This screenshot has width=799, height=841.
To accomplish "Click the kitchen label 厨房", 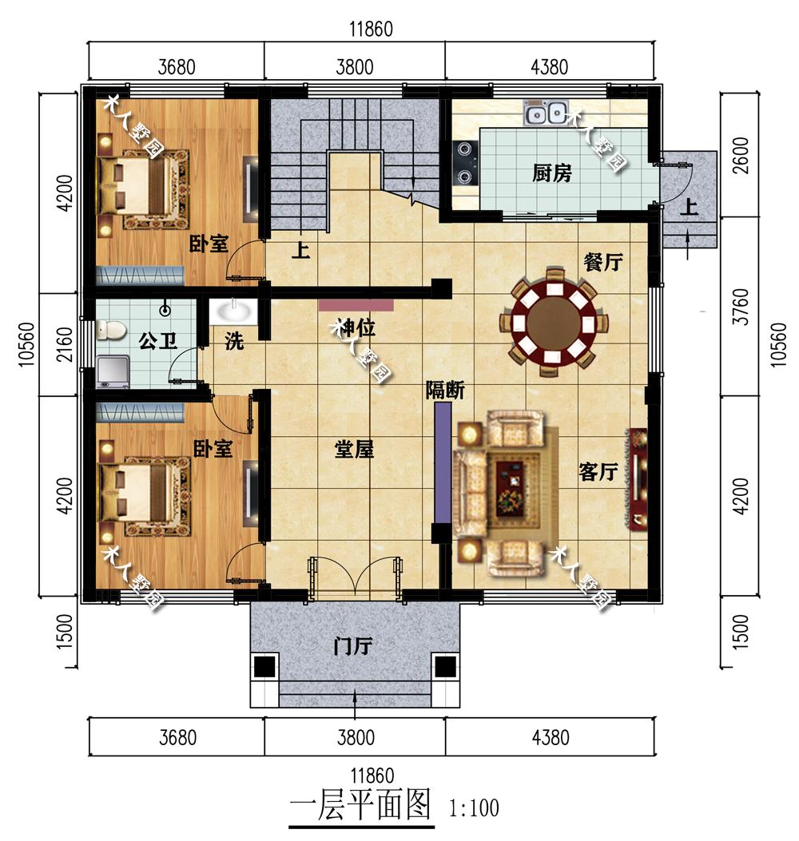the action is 551,173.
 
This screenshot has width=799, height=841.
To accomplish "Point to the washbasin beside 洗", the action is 233,312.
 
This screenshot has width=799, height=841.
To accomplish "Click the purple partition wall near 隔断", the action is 442,463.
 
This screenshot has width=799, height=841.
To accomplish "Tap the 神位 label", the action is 355,327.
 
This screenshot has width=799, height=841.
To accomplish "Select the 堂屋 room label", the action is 354,448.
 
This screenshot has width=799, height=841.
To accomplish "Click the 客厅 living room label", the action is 598,471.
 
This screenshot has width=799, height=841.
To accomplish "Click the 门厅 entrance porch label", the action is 352,646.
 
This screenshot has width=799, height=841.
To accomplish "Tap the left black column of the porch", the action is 264,667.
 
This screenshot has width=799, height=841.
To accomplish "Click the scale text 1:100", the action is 474,807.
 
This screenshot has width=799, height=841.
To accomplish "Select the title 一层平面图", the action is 360,806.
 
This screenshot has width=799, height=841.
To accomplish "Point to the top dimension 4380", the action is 549,67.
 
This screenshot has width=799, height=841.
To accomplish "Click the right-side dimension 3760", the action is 741,306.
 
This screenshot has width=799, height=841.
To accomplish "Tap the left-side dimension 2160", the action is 64,344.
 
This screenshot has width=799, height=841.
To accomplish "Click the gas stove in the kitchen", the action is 464,161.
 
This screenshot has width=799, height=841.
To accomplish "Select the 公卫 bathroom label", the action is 157,340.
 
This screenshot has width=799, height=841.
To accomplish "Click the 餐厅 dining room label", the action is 603,262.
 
